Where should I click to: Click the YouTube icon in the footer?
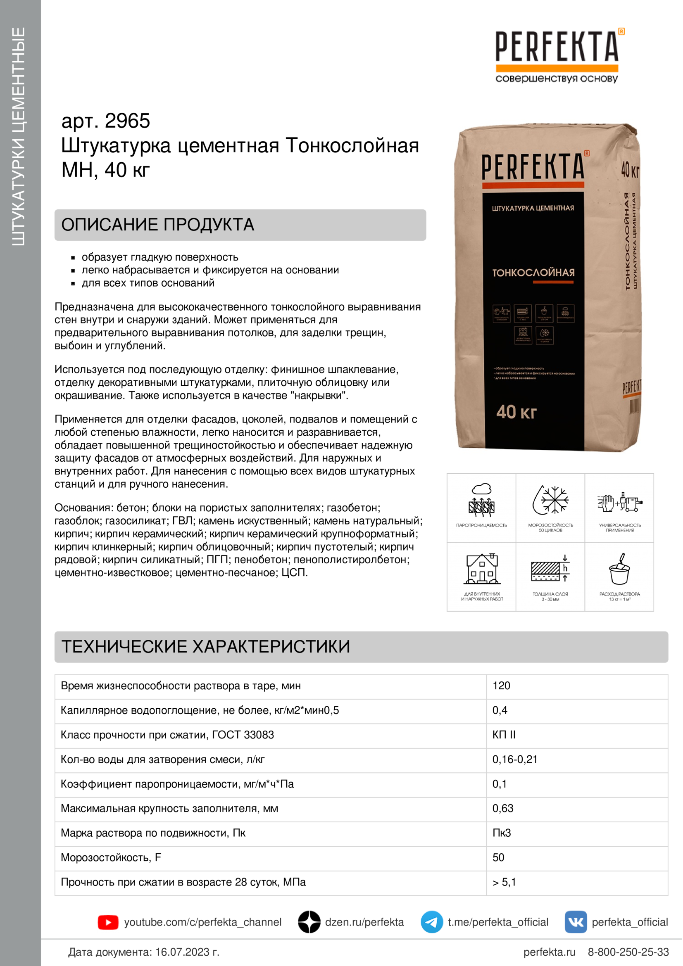(x=108, y=922)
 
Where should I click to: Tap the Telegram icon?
(x=431, y=922)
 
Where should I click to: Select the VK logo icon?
(x=575, y=922)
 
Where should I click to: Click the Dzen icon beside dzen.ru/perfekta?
(x=309, y=922)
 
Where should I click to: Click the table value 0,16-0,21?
(x=515, y=760)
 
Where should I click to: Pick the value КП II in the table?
(x=504, y=735)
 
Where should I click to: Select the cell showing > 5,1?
(x=504, y=882)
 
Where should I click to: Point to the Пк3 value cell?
(x=502, y=833)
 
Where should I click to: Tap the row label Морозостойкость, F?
(x=111, y=857)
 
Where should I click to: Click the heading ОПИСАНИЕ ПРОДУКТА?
(x=158, y=225)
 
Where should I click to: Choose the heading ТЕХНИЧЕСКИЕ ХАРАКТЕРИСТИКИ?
(x=205, y=647)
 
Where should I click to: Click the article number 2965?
(x=127, y=121)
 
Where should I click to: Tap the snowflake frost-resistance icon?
(x=550, y=500)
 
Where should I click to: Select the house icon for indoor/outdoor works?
(x=482, y=569)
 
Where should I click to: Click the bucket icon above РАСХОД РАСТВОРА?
(x=619, y=570)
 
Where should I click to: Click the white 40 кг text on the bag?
(x=516, y=412)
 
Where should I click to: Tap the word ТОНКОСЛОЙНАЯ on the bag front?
(x=533, y=273)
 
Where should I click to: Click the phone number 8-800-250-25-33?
(x=628, y=952)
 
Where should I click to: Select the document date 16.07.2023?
(x=187, y=952)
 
